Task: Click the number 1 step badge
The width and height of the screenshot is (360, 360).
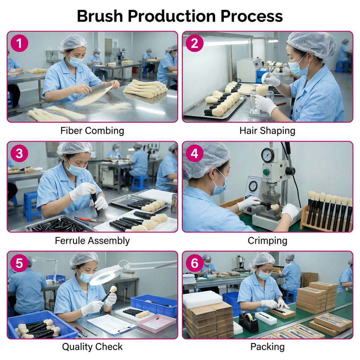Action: click(19, 43)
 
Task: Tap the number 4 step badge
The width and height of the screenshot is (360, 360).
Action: click(195, 153)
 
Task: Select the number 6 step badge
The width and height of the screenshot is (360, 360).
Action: click(195, 263)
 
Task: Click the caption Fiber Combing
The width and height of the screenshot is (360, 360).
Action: click(92, 131)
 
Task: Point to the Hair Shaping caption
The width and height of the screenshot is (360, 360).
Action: click(267, 131)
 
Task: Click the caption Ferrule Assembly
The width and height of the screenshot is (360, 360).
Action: click(92, 241)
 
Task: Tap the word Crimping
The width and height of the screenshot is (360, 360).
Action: click(267, 241)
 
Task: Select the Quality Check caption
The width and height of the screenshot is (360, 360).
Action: click(92, 346)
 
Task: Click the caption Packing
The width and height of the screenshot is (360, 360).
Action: click(267, 346)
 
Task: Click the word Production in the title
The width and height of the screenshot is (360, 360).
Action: click(172, 16)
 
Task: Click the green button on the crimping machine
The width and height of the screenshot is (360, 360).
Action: click(266, 172)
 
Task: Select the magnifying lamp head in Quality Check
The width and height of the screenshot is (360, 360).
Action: click(106, 276)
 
